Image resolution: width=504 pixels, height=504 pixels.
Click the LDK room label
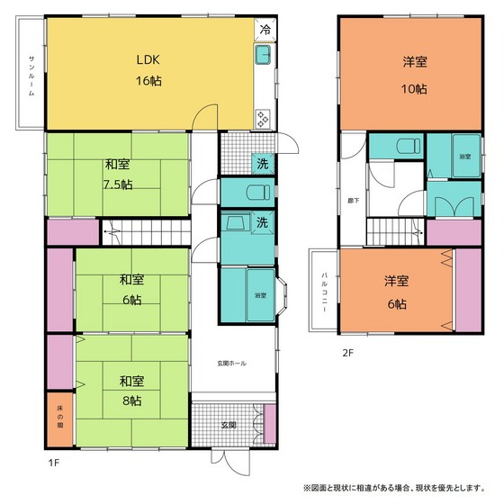coord(148,61)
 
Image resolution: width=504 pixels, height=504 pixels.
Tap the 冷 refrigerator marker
coord(265,30)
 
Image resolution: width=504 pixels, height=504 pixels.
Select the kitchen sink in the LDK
coord(264,56)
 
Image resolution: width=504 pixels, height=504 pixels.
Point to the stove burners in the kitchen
coord(264,118)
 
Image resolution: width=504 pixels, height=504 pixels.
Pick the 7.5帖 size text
coord(116,184)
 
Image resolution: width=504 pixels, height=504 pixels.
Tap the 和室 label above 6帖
coord(131,279)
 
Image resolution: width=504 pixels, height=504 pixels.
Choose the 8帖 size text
coord(131,400)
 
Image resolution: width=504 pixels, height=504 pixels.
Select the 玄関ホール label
coord(231,363)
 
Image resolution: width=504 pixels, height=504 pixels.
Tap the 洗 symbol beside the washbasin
coord(262,222)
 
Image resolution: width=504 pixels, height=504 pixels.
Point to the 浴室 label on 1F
coord(259,294)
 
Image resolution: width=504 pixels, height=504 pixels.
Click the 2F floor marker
coord(346,353)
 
